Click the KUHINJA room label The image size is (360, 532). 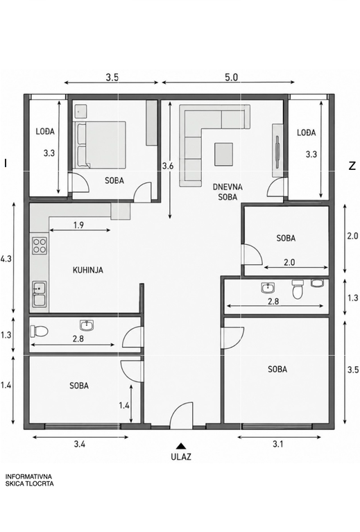pyautogui.click(x=88, y=270)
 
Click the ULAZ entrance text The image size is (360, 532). pyautogui.click(x=181, y=456)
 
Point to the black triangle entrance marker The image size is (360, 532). pyautogui.click(x=181, y=446)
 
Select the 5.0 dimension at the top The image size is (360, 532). pyautogui.click(x=231, y=78)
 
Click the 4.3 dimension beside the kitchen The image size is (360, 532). pyautogui.click(x=6, y=259)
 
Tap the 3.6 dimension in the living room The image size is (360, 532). pyautogui.click(x=168, y=166)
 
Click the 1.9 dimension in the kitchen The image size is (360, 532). pyautogui.click(x=78, y=225)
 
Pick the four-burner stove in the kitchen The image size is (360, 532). pyautogui.click(x=40, y=246)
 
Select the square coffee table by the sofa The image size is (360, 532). pyautogui.click(x=223, y=154)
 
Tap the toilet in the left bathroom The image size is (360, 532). pyautogui.click(x=39, y=331)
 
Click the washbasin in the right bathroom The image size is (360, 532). pyautogui.click(x=268, y=288)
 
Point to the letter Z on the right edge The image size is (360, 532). pyautogui.click(x=352, y=166)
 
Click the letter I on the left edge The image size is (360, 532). pyautogui.click(x=6, y=163)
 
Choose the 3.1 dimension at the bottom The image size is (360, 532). pyautogui.click(x=278, y=444)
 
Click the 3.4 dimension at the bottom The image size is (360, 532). pyautogui.click(x=80, y=444)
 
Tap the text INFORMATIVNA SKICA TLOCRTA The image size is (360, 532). pyautogui.click(x=29, y=481)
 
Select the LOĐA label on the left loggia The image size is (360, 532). pyautogui.click(x=45, y=131)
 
